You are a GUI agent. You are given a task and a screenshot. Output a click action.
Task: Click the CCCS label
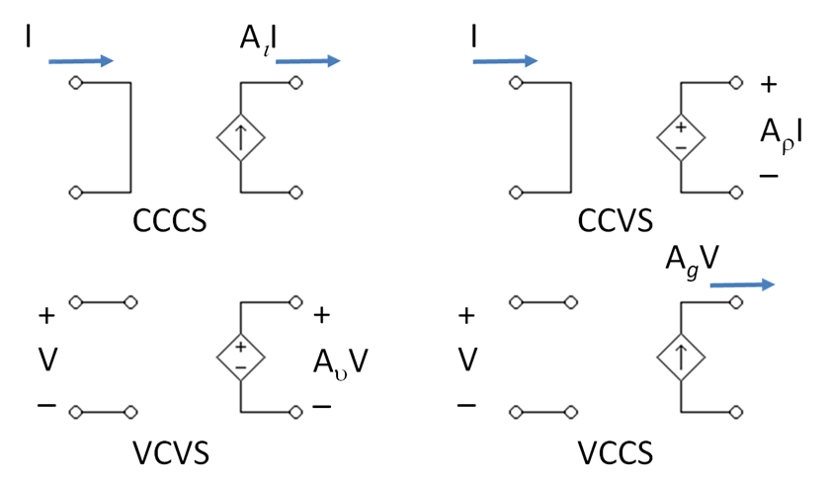[x=170, y=220]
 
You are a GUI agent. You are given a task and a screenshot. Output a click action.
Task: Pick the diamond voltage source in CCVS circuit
[x=682, y=137]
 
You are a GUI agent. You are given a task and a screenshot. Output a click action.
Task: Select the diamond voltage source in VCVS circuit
[x=240, y=356]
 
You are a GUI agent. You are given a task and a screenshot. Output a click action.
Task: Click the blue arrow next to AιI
[x=307, y=61]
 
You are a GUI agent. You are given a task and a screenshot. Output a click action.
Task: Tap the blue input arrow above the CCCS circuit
[x=81, y=61]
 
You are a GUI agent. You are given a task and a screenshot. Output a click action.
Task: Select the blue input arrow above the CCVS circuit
[x=504, y=61]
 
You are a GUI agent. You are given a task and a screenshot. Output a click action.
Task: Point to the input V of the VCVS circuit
[x=45, y=361]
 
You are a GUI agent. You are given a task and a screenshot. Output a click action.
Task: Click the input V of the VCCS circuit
[x=467, y=361]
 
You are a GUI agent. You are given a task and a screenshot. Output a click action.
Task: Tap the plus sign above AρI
[x=769, y=85]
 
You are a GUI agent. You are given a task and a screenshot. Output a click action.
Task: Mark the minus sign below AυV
[x=321, y=406]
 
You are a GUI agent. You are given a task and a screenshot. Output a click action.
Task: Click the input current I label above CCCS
[x=30, y=39]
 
